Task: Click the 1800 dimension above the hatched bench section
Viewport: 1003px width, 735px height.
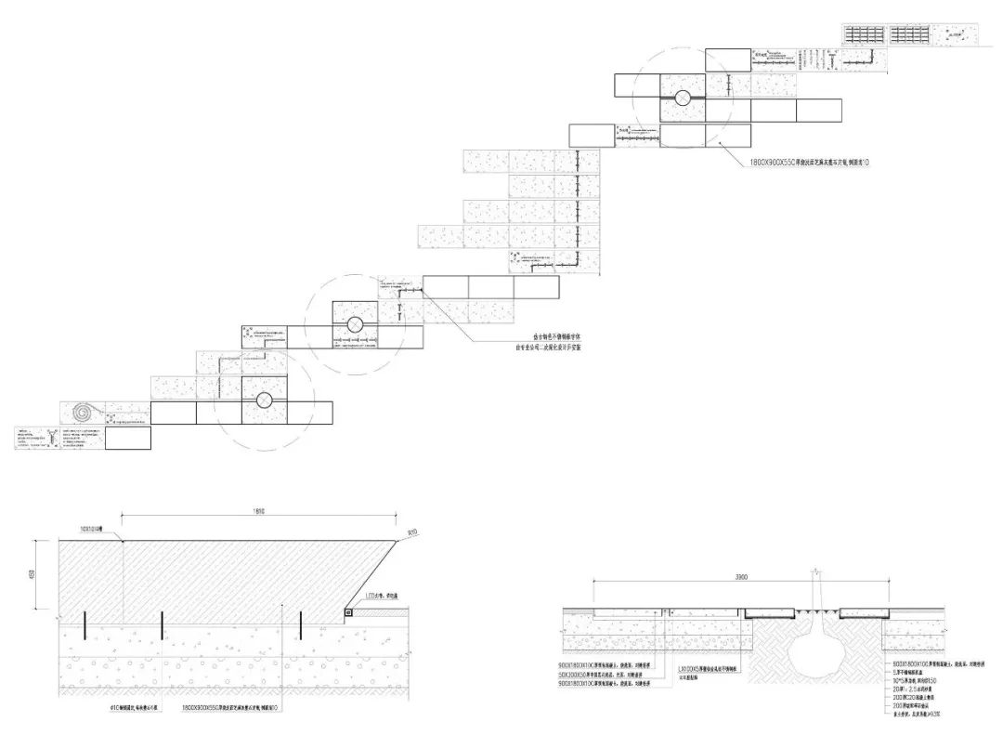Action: pos(258,511)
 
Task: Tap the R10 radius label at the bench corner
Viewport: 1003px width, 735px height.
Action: pos(413,532)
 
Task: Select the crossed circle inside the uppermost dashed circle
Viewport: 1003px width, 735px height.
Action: pos(682,97)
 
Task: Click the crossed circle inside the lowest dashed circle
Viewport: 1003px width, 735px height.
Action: pos(264,400)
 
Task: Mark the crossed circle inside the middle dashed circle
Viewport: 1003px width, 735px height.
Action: pos(354,324)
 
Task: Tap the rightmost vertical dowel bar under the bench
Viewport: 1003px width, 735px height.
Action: pos(300,625)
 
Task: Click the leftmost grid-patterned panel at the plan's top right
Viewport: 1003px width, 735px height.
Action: pos(865,34)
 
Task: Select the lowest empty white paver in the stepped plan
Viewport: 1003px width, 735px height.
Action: pos(128,438)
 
